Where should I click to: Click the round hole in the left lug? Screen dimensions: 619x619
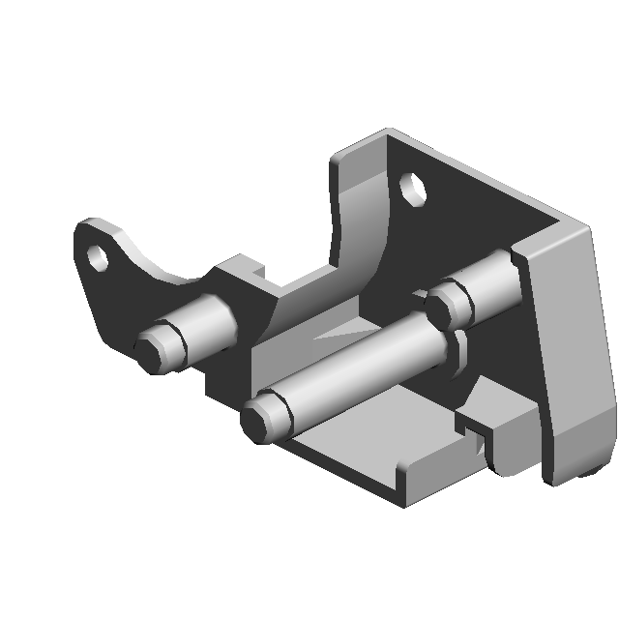coord(97,257)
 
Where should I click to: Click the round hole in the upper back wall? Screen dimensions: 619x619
coord(414,188)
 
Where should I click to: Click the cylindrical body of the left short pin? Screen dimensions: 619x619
coord(208,321)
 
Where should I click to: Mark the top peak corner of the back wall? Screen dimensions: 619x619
coord(389,131)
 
